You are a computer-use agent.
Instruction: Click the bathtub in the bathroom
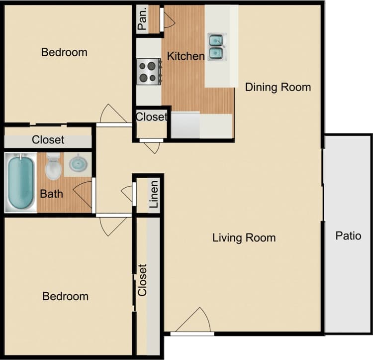(x=21, y=182)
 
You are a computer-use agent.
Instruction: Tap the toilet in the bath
(x=53, y=167)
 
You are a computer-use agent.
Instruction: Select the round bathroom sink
(x=78, y=163)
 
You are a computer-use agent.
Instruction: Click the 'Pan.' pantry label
(x=143, y=20)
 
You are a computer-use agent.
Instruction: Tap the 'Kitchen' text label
(x=186, y=56)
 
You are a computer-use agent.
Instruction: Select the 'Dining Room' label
(x=278, y=87)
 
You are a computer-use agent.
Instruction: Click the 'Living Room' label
(x=244, y=238)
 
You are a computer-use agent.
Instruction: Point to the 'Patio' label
(x=348, y=235)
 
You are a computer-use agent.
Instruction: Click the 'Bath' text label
(x=52, y=193)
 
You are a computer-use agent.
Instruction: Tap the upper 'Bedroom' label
(x=64, y=52)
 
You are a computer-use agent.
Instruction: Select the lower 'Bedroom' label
(x=65, y=296)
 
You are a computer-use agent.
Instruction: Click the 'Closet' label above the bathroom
(x=48, y=140)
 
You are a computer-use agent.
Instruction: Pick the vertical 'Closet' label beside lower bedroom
(x=143, y=280)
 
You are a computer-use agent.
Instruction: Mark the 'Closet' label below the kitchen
(x=152, y=117)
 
